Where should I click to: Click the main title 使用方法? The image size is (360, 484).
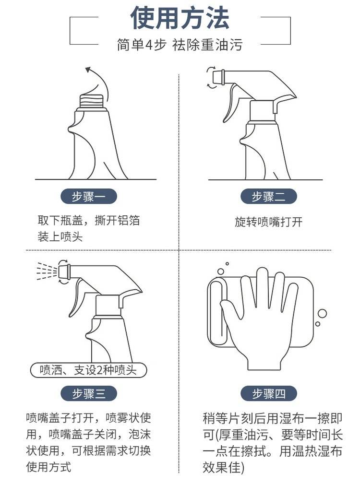point(180,18)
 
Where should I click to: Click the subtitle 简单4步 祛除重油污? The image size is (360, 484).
point(180,45)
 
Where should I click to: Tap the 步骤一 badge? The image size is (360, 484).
point(89,196)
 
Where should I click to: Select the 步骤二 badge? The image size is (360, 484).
point(269,196)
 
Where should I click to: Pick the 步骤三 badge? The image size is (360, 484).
point(89,393)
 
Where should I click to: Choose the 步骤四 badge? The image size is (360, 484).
point(269,393)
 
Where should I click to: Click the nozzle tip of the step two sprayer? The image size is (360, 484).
point(219,77)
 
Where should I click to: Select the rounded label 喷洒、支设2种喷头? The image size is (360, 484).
point(88,370)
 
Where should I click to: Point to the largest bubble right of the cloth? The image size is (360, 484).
point(322,314)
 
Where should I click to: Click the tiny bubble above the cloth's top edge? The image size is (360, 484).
point(227,264)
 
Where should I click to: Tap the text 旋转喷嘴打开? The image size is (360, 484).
point(269,222)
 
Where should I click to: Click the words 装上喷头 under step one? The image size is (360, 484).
point(60,237)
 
